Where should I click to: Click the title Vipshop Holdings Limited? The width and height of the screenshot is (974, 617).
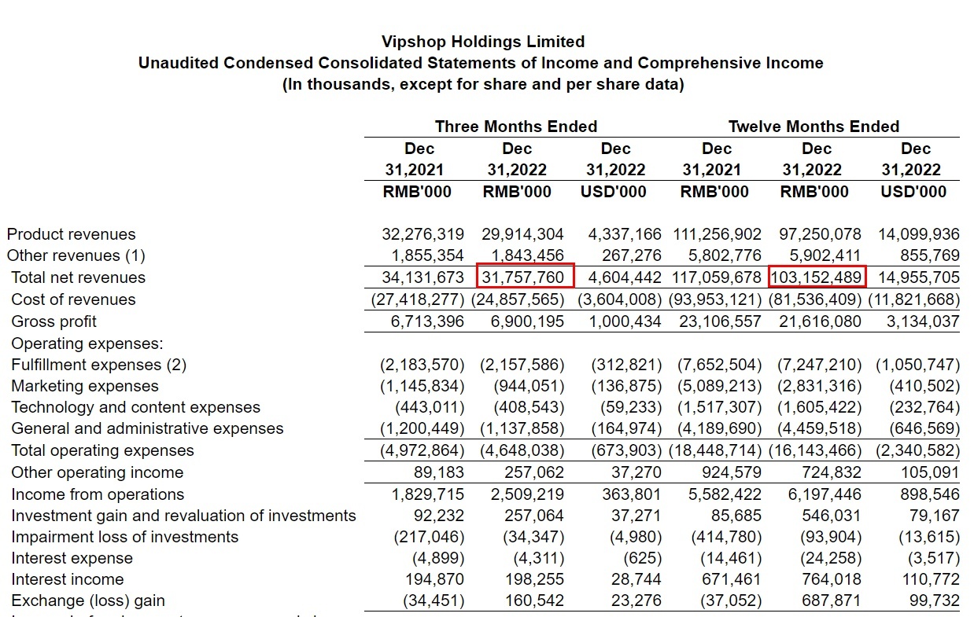click(483, 42)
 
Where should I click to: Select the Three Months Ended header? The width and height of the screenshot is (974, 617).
click(516, 127)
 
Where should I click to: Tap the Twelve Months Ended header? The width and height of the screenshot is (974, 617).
click(814, 127)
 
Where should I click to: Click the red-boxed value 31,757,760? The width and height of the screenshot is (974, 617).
click(526, 277)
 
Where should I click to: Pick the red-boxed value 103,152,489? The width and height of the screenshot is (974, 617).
click(817, 277)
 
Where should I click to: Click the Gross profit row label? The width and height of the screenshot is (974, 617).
click(54, 321)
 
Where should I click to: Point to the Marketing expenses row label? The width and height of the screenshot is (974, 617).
click(85, 386)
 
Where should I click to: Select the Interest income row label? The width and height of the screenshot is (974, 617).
click(68, 579)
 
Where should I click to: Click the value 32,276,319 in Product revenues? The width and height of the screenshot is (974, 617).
click(418, 234)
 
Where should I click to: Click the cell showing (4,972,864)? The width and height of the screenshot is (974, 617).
click(418, 450)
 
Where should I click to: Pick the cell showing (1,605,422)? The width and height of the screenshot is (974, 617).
click(819, 407)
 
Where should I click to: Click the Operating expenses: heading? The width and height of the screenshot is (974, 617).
click(87, 343)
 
